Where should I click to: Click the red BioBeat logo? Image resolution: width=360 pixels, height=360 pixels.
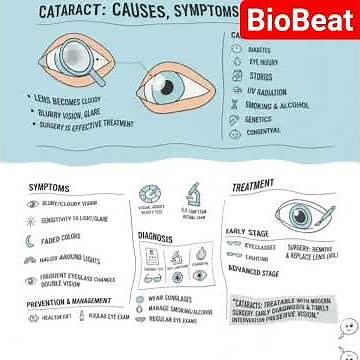(x=297, y=20)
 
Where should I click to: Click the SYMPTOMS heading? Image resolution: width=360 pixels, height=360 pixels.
(x=50, y=188)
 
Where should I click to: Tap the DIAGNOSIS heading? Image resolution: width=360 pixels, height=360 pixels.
(x=156, y=237)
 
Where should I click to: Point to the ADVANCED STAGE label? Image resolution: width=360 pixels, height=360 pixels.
(x=256, y=270)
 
